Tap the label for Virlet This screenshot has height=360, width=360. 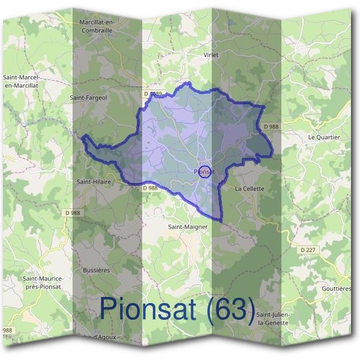pos(211,55)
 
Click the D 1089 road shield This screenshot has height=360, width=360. pos(154,94)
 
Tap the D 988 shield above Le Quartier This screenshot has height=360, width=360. pos(271,126)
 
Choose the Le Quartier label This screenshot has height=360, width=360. pos(323,137)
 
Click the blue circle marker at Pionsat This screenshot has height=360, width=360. pos(204,172)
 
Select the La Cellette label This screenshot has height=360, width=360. pos(250,188)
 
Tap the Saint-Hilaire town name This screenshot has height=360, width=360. pos(94,181)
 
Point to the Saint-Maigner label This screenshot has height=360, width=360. pos(188,227)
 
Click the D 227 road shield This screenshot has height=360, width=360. pos(307,249)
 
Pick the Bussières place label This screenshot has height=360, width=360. pos(96,270)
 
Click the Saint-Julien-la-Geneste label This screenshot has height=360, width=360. pos(273,319)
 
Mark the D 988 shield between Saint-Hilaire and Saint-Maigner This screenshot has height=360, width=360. pos(150,188)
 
